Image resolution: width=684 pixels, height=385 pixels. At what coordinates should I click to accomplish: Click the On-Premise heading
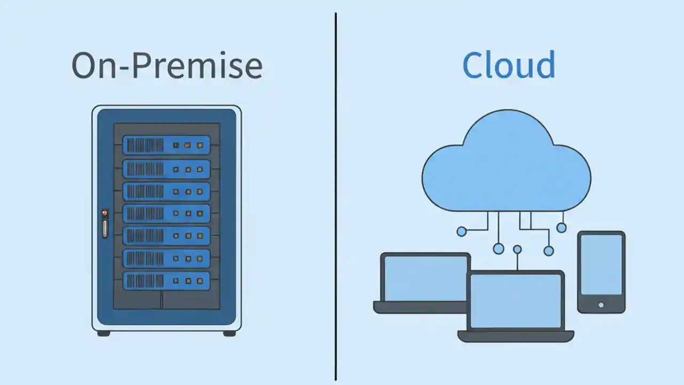click(167, 66)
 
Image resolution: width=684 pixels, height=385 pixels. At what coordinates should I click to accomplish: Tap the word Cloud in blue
click(508, 65)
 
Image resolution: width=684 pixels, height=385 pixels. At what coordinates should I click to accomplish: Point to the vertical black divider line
click(336, 214)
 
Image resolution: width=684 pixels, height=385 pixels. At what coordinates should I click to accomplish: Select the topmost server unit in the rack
click(166, 145)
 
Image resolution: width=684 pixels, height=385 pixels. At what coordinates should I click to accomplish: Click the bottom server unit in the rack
click(166, 281)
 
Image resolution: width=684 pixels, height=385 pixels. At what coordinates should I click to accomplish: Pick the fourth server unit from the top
click(166, 213)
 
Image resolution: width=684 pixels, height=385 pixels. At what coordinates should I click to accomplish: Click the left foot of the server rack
click(104, 333)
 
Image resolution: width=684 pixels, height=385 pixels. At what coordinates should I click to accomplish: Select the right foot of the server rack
click(229, 333)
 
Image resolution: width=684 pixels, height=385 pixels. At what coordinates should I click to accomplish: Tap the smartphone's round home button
click(601, 305)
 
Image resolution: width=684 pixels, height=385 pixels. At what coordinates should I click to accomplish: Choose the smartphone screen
click(601, 264)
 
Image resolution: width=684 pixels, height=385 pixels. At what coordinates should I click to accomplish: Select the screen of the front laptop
click(516, 301)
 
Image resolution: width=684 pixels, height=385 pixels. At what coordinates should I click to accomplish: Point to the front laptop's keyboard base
click(516, 336)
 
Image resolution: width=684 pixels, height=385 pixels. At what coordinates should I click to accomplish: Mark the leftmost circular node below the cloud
click(462, 231)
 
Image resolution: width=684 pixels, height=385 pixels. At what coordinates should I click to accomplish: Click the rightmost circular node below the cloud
click(561, 228)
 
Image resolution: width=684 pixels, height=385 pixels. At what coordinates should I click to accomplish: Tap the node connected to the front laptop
click(517, 249)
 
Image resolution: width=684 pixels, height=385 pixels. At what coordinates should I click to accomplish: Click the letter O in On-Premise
click(87, 66)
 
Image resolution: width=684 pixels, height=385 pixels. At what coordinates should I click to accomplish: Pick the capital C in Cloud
click(473, 65)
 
